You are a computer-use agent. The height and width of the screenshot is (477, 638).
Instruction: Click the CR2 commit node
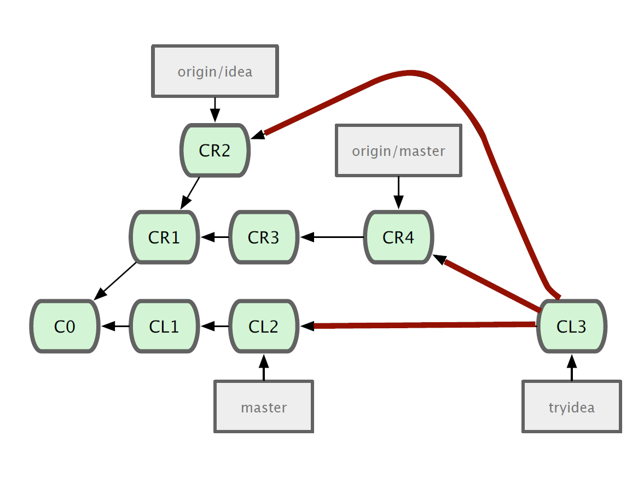(x=215, y=150)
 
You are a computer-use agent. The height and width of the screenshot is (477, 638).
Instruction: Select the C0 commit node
(x=65, y=326)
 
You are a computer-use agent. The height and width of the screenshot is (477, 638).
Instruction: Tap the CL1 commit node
(x=164, y=326)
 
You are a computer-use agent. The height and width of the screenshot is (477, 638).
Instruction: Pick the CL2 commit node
(x=264, y=326)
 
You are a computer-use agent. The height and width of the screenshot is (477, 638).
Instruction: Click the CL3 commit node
(x=572, y=326)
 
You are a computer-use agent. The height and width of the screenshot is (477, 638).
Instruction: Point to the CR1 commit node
(x=164, y=237)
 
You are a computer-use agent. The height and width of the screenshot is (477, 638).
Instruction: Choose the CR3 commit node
(x=264, y=237)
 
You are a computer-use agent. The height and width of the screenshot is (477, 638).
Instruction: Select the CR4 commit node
(x=398, y=237)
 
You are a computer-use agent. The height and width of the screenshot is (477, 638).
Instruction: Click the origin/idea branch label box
(x=215, y=71)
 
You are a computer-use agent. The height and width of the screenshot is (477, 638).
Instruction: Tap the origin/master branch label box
(x=398, y=150)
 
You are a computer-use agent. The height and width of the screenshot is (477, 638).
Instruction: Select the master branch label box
(x=264, y=406)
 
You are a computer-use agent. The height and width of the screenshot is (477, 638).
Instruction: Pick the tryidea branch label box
(x=572, y=406)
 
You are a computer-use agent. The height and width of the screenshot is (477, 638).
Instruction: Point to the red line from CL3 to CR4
(x=487, y=283)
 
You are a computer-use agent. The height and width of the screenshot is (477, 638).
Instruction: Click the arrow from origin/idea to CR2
(x=215, y=110)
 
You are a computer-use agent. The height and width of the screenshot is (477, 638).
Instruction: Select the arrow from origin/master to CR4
(x=398, y=193)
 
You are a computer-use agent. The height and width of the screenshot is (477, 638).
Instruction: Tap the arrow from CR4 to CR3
(x=332, y=237)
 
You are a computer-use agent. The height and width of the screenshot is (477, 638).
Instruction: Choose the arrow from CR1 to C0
(x=115, y=281)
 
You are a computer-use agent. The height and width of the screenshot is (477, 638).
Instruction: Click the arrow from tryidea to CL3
(x=572, y=367)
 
